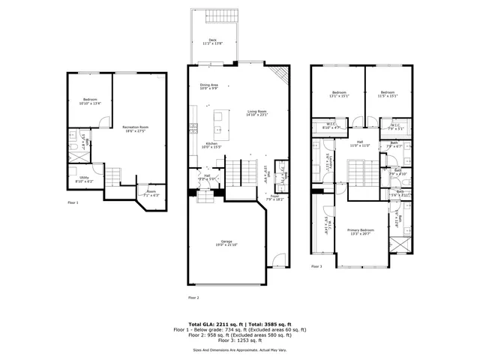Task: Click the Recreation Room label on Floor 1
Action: tap(136, 129)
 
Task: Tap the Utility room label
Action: tap(84, 179)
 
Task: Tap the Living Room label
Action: tap(257, 114)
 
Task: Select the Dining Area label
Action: tap(208, 86)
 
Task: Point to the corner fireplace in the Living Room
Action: tap(280, 73)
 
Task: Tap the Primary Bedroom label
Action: tap(361, 232)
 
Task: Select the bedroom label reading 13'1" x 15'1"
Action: tap(340, 94)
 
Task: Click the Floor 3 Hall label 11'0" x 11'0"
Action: tap(360, 143)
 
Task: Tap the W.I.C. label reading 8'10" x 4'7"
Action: tap(331, 126)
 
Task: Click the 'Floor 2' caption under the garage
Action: tap(193, 298)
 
